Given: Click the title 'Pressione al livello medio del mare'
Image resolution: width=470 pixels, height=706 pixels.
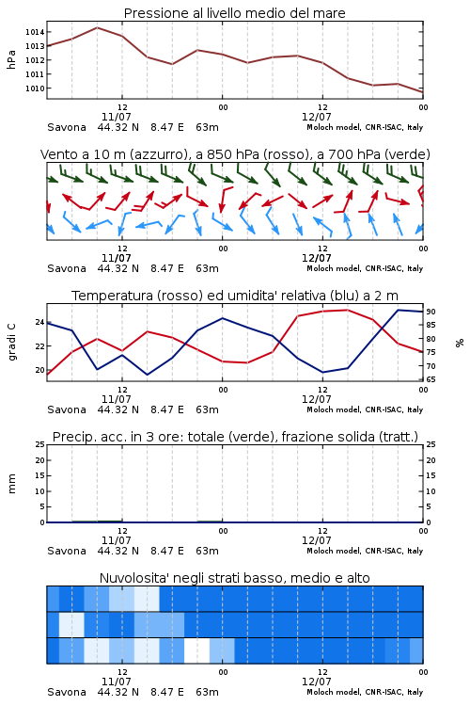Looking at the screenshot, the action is click(234, 13).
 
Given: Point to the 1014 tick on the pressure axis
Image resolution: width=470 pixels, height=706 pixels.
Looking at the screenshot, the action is click(35, 32).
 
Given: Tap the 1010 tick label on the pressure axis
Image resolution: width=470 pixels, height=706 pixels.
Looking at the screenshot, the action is click(35, 88).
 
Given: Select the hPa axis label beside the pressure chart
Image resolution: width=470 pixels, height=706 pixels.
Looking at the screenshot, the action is click(11, 59).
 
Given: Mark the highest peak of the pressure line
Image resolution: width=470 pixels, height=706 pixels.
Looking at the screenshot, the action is click(97, 27).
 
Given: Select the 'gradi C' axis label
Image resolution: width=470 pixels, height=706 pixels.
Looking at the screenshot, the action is click(11, 343).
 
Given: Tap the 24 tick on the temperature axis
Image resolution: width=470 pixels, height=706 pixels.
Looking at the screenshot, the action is click(39, 322).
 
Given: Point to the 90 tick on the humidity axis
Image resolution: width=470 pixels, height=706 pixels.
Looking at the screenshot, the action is click(431, 312).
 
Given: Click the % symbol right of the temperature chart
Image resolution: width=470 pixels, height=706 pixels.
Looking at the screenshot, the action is click(460, 343).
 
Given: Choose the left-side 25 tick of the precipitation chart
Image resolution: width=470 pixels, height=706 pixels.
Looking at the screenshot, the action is click(40, 444).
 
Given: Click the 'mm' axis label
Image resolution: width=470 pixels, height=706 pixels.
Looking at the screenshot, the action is click(11, 484).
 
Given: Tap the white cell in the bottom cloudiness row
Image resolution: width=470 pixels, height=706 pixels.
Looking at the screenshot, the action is click(197, 650).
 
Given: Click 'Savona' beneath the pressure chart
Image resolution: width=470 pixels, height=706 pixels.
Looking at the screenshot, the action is click(67, 127).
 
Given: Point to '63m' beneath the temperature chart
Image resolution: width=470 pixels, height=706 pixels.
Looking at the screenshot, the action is click(208, 409).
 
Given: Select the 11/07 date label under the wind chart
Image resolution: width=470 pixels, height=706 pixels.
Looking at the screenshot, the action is click(117, 258).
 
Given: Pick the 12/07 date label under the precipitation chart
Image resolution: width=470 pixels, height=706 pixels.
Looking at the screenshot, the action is click(317, 540).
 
